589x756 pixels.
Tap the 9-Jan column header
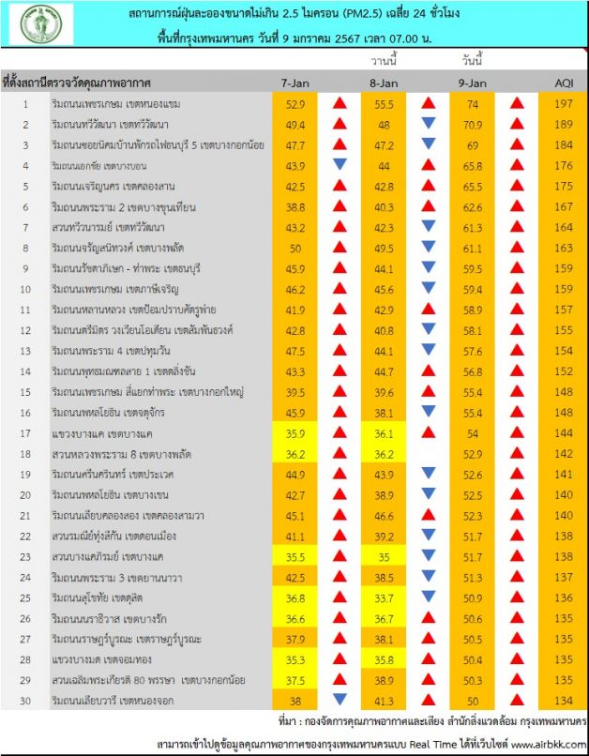pos(473,83)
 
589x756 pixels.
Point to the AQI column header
pos(562,83)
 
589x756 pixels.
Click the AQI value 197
pos(562,103)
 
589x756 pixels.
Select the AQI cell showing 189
pos(562,124)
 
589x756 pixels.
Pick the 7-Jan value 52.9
pos(297,103)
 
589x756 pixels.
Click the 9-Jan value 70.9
pos(471,124)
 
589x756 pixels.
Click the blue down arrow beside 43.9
pos(340,165)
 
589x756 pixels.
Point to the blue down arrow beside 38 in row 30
pos(340,700)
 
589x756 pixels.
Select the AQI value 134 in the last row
pos(562,700)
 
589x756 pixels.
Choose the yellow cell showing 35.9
pos(297,432)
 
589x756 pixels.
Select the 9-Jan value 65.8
pos(471,165)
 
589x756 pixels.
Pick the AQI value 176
pos(562,165)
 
